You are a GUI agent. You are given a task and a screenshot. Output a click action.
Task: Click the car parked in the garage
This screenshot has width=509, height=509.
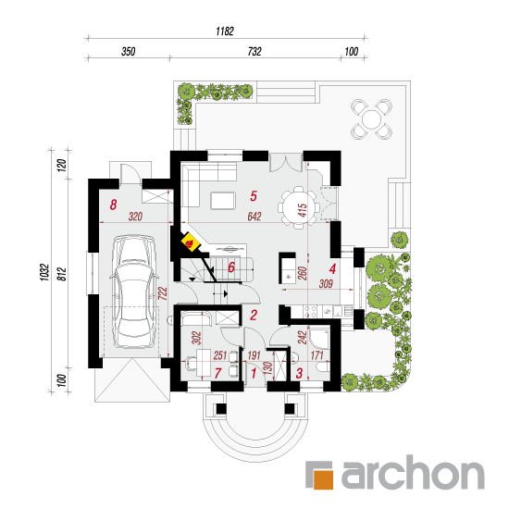134,292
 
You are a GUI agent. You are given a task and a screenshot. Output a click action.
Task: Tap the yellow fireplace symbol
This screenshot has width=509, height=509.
191,242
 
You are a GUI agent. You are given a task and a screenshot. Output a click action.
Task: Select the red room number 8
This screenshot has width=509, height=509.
113,205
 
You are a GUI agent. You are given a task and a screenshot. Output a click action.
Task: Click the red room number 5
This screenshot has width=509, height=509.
254,196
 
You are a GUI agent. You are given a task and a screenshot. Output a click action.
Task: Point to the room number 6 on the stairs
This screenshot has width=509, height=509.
231,267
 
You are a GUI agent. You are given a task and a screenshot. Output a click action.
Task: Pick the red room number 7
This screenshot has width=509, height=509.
217,373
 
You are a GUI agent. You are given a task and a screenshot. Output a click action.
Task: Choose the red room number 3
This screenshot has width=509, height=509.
299,373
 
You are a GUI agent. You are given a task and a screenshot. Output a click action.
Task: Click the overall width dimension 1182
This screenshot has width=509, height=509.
225,31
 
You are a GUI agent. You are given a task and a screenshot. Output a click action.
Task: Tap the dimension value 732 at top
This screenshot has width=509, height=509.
254,52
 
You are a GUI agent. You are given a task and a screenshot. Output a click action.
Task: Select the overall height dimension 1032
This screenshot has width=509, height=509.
44,272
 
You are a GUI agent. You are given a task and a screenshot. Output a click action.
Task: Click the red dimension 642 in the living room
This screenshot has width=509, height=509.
254,217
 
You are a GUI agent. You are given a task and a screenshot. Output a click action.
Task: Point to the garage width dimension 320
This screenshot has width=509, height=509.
135,217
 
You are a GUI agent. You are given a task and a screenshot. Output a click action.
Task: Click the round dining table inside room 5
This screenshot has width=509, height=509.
299,207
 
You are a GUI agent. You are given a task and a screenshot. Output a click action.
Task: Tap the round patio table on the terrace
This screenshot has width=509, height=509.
371,119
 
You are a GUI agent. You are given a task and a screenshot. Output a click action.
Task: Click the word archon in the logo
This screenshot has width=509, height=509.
413,472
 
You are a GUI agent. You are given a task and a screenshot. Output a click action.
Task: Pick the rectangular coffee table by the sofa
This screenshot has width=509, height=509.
223,201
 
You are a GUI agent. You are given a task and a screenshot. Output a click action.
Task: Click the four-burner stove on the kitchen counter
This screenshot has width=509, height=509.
310,312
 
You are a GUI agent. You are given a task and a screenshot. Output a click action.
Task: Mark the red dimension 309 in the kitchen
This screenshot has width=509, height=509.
326,284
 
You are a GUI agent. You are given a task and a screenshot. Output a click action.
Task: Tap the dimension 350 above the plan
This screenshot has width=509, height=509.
129,52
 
